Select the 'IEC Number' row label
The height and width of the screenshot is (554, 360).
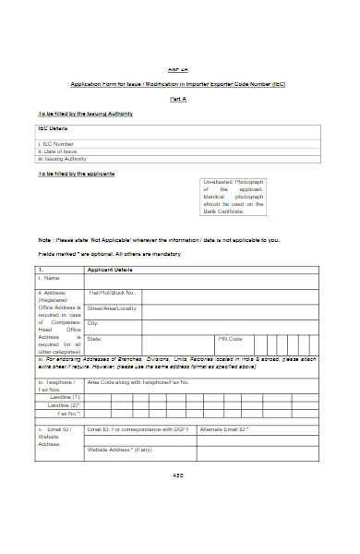(x=56, y=144)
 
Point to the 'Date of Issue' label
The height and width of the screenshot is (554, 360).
(x=59, y=151)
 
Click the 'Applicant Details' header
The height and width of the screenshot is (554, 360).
(x=110, y=269)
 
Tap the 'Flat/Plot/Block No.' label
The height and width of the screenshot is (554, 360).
(x=113, y=293)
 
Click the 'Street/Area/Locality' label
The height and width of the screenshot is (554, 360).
(x=114, y=307)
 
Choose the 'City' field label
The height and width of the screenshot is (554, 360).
(x=93, y=322)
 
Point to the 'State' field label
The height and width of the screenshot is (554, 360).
(x=95, y=339)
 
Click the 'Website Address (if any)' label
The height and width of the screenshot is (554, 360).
(x=119, y=449)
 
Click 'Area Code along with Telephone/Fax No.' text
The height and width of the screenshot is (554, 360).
(x=138, y=380)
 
